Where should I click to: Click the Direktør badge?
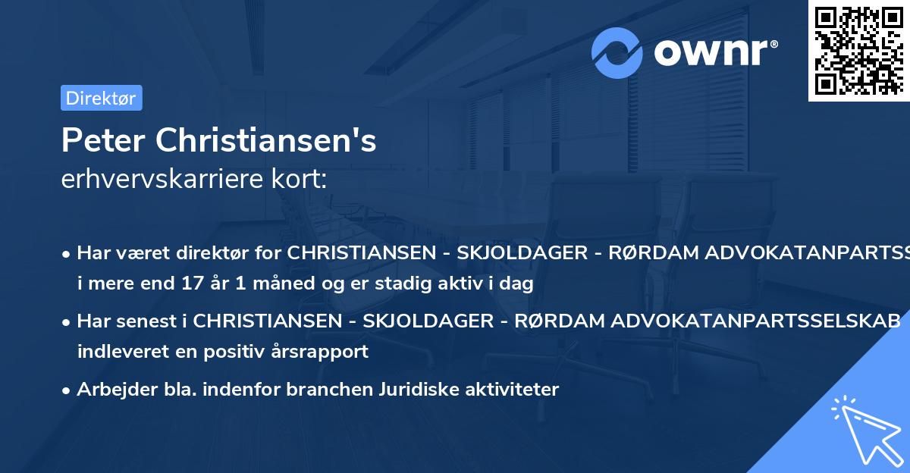tap(101, 98)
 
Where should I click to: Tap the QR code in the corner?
tap(858, 50)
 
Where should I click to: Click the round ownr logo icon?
tap(617, 52)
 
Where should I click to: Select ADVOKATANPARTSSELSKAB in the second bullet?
tap(707, 321)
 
